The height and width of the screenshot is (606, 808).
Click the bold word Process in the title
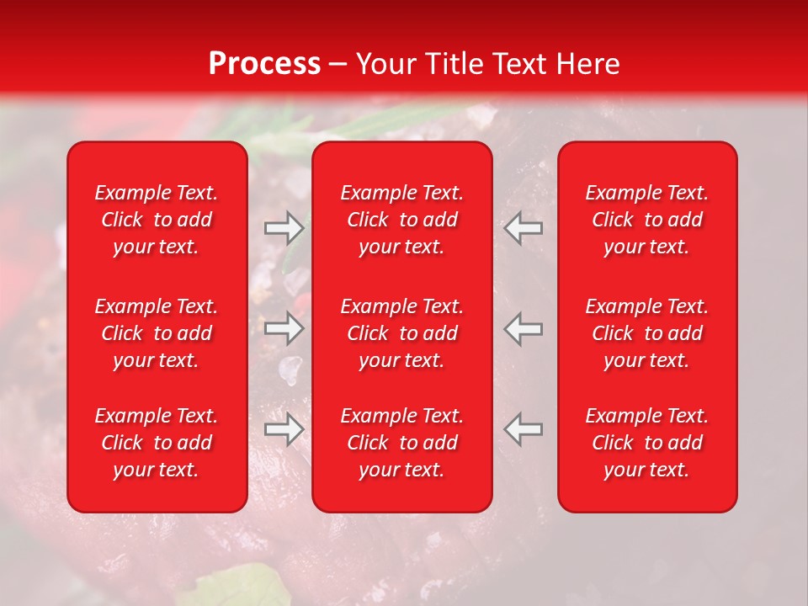[x=264, y=64]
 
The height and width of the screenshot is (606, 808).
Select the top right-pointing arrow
[x=284, y=228]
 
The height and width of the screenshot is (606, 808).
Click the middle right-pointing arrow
[x=284, y=328]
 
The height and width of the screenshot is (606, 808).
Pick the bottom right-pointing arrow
[x=284, y=429]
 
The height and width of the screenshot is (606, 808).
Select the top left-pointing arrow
[x=524, y=228]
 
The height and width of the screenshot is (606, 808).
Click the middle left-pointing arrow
[x=524, y=328]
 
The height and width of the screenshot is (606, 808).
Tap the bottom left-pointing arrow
[x=524, y=429]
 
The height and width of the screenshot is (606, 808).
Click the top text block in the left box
[x=157, y=220]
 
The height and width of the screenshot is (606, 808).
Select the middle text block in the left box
[x=157, y=333]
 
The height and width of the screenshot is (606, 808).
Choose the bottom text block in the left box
[x=157, y=443]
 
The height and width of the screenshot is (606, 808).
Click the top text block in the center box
[x=401, y=220]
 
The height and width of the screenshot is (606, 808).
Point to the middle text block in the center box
[x=401, y=333]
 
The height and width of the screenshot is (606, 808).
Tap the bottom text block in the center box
[x=401, y=443]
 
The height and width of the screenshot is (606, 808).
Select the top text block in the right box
[x=646, y=220]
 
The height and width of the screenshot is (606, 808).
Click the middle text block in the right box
[x=646, y=333]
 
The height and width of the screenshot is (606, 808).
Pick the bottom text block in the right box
[x=646, y=443]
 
